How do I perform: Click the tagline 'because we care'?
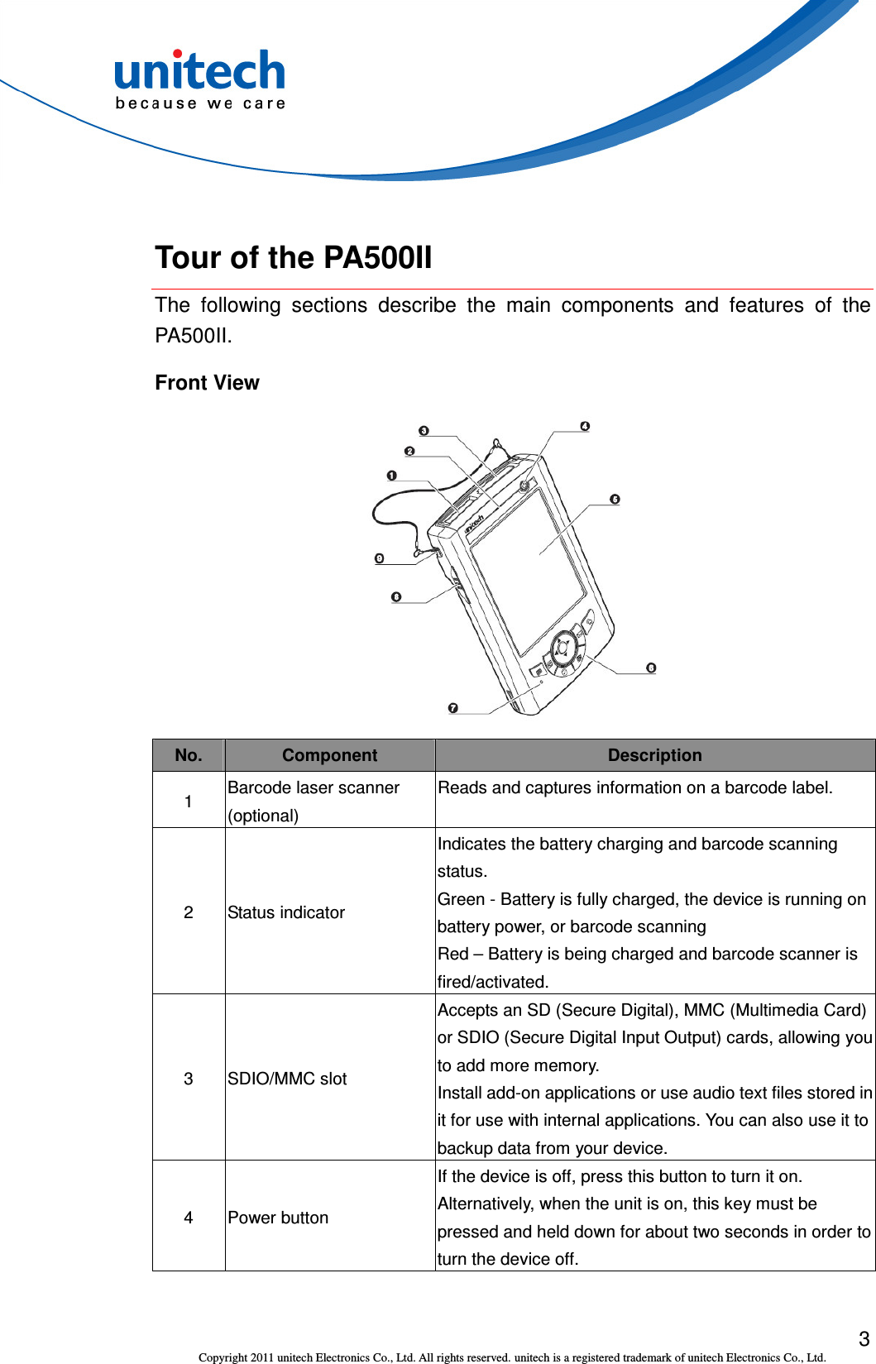200,103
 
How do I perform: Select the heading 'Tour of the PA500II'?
294,257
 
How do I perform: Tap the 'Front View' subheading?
207,382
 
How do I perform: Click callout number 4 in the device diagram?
585,426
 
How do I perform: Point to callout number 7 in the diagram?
452,708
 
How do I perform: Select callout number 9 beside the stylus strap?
379,558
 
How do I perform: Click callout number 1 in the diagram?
391,476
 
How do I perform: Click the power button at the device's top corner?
524,486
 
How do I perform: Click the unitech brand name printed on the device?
473,524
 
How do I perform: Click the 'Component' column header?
329,755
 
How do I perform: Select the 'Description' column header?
654,755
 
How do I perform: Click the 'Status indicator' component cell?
286,912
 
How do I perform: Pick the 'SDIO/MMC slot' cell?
287,1079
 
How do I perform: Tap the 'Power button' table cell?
278,1218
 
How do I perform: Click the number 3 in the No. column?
189,1079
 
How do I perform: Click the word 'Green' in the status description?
461,899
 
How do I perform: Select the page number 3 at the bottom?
864,1338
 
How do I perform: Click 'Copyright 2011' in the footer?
236,1357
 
